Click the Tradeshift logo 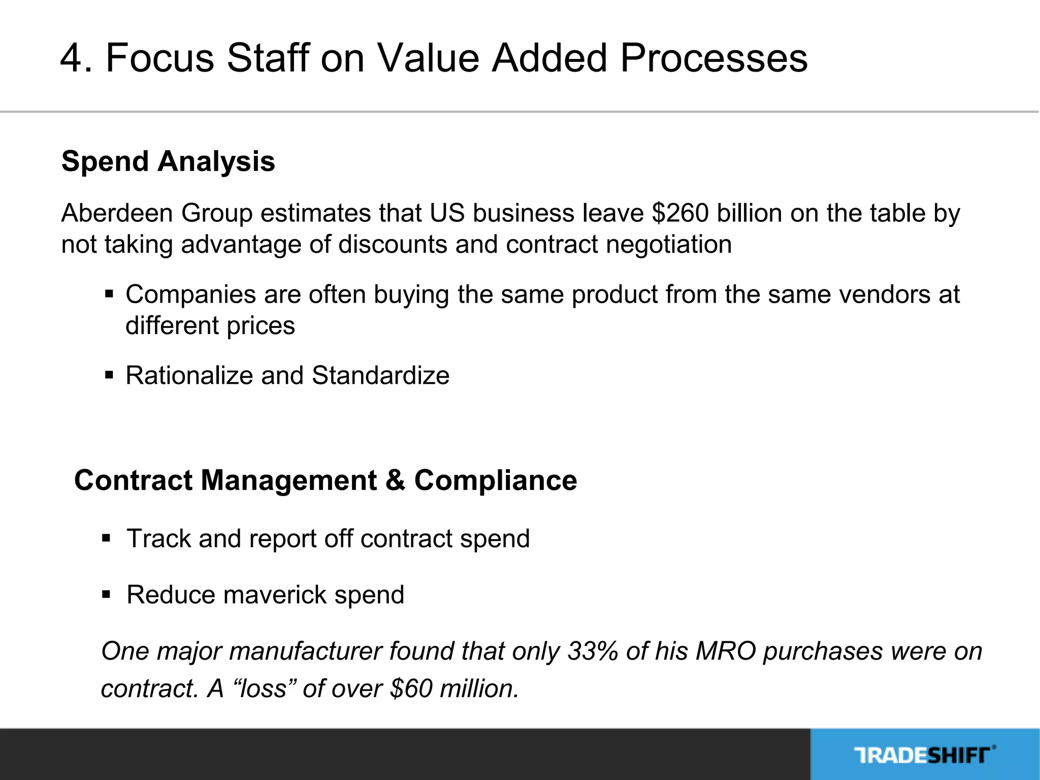tap(924, 755)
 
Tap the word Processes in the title tap(713, 58)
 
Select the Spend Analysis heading tap(168, 161)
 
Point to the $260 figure tap(680, 213)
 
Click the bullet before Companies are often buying tap(109, 294)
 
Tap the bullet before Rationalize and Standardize tap(109, 375)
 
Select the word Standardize tap(380, 376)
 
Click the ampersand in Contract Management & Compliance tap(395, 480)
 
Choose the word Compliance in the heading tap(496, 480)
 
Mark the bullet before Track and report tap(106, 538)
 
